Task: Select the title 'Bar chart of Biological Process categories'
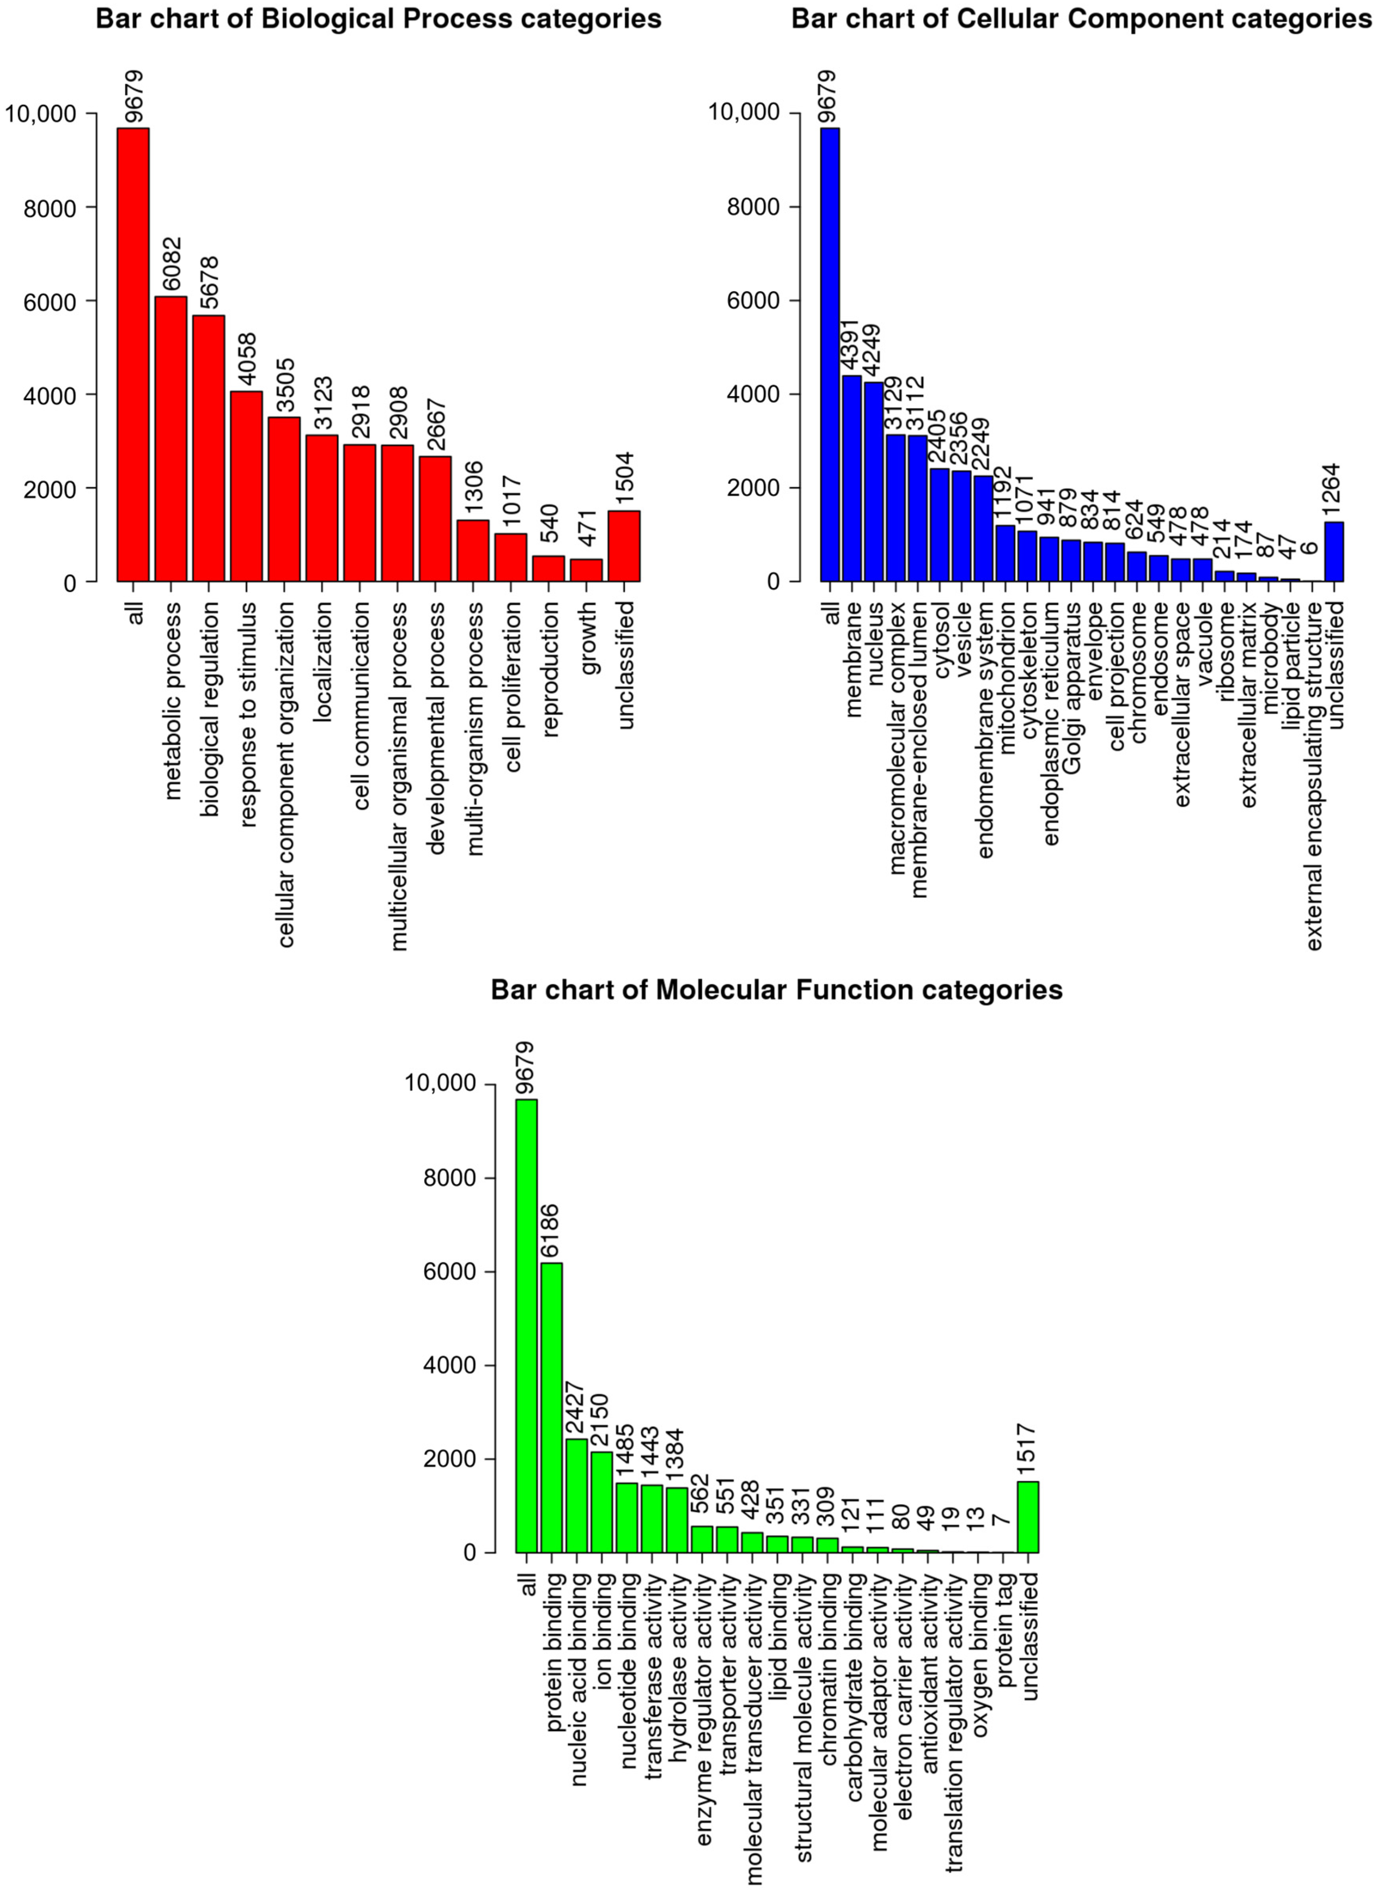pyautogui.click(x=378, y=18)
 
